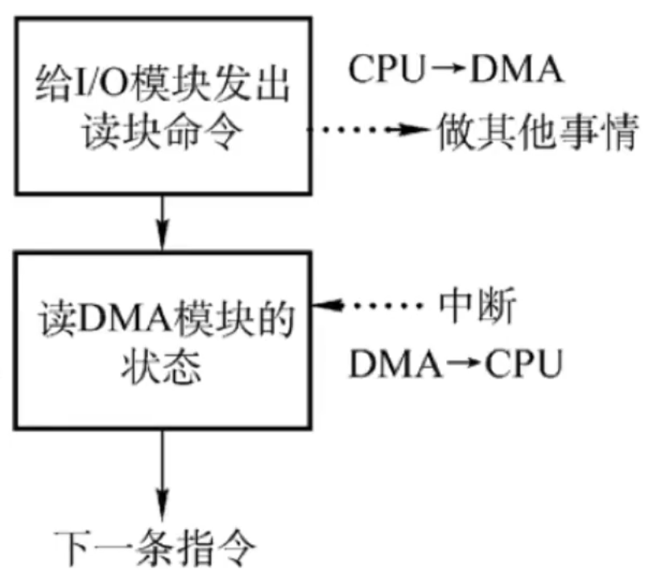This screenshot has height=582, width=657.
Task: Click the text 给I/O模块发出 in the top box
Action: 163,83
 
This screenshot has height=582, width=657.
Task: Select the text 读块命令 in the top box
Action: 163,131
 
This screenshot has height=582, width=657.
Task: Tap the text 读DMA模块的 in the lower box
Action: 167,319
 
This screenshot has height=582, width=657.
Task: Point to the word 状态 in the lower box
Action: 162,367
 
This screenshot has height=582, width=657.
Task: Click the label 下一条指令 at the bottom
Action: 155,547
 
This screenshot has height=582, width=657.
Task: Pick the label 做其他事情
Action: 539,131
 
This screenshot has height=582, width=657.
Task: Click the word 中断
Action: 477,305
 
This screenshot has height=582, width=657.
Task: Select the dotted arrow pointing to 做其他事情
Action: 370,130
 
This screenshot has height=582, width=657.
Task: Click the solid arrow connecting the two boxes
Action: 163,222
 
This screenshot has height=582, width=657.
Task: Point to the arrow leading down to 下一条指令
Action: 163,475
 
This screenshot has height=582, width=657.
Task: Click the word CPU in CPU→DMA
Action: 386,68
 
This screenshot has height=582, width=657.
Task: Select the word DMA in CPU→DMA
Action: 517,68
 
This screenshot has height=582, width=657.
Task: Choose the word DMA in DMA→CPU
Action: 395,364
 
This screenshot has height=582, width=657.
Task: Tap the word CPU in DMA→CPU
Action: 523,364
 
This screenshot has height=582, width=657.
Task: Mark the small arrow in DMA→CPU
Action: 463,363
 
